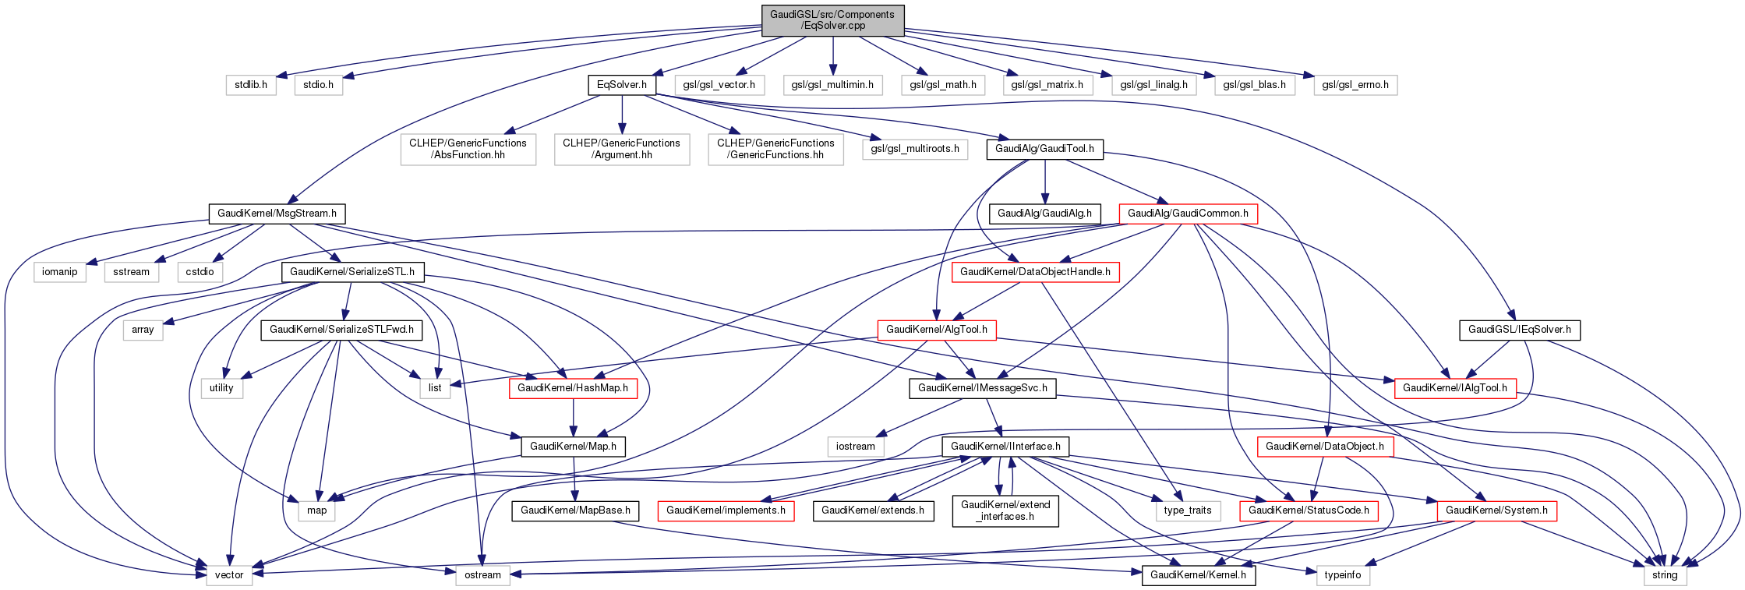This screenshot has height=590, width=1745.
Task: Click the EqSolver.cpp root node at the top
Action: pos(832,19)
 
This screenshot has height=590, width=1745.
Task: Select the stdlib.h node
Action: pos(251,84)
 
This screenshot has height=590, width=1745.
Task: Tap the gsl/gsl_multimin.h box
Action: pos(832,84)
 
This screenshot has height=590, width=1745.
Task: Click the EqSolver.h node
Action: pos(622,84)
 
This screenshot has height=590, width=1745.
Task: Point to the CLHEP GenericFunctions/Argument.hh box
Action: pos(621,149)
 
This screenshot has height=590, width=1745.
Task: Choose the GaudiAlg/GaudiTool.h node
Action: pos(1044,148)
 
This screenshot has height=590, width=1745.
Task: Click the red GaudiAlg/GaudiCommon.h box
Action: pos(1188,213)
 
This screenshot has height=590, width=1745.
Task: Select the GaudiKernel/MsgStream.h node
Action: pos(277,213)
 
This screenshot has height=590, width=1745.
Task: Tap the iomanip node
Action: pos(60,271)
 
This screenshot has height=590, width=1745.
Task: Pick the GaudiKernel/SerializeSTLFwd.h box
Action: pos(341,329)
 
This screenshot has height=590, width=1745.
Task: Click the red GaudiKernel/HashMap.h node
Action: pos(573,387)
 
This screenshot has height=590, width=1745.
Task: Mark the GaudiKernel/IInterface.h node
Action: pos(1005,446)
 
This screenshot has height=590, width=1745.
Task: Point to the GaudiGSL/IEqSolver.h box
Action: pos(1519,329)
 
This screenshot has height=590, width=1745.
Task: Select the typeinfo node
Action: pos(1342,574)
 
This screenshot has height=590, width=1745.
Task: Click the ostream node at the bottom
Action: pos(482,574)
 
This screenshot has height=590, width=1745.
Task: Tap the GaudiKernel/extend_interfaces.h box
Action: pos(1005,511)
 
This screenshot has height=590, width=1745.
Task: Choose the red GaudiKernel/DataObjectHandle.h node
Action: pos(1035,271)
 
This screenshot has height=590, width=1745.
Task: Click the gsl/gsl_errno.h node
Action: pos(1355,84)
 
